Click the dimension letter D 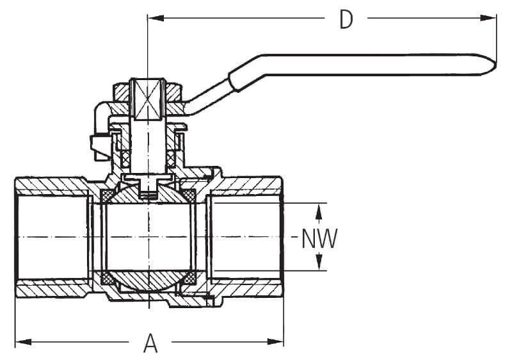(x=346, y=19)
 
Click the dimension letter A (x=150, y=343)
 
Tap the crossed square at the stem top (x=148, y=100)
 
